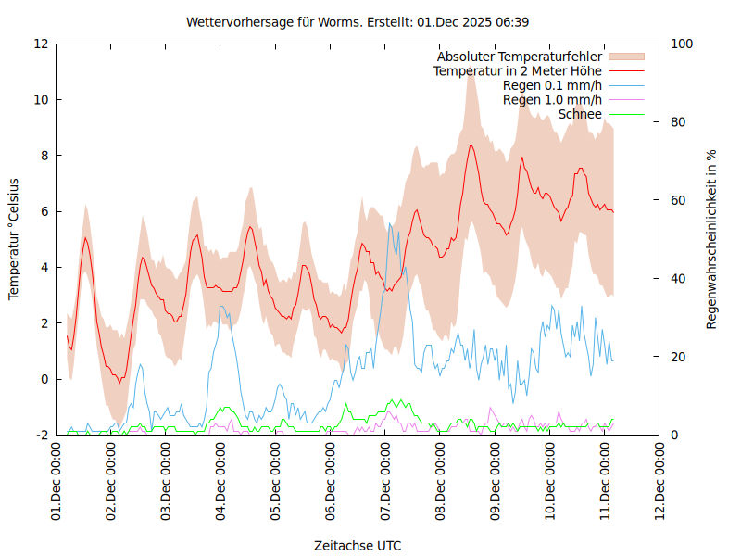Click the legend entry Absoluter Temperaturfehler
click(x=520, y=57)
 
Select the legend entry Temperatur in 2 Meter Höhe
click(x=518, y=70)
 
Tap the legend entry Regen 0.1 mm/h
click(x=552, y=85)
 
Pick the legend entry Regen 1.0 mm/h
click(x=552, y=100)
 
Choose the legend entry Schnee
click(x=580, y=115)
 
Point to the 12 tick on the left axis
click(x=42, y=44)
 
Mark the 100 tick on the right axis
click(x=682, y=44)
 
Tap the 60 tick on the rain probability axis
click(x=678, y=200)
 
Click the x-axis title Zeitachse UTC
click(x=358, y=545)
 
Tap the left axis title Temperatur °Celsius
click(x=14, y=239)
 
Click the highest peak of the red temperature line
click(x=471, y=145)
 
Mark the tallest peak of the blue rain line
click(x=390, y=223)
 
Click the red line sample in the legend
click(x=625, y=70)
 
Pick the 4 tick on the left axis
click(x=44, y=267)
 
